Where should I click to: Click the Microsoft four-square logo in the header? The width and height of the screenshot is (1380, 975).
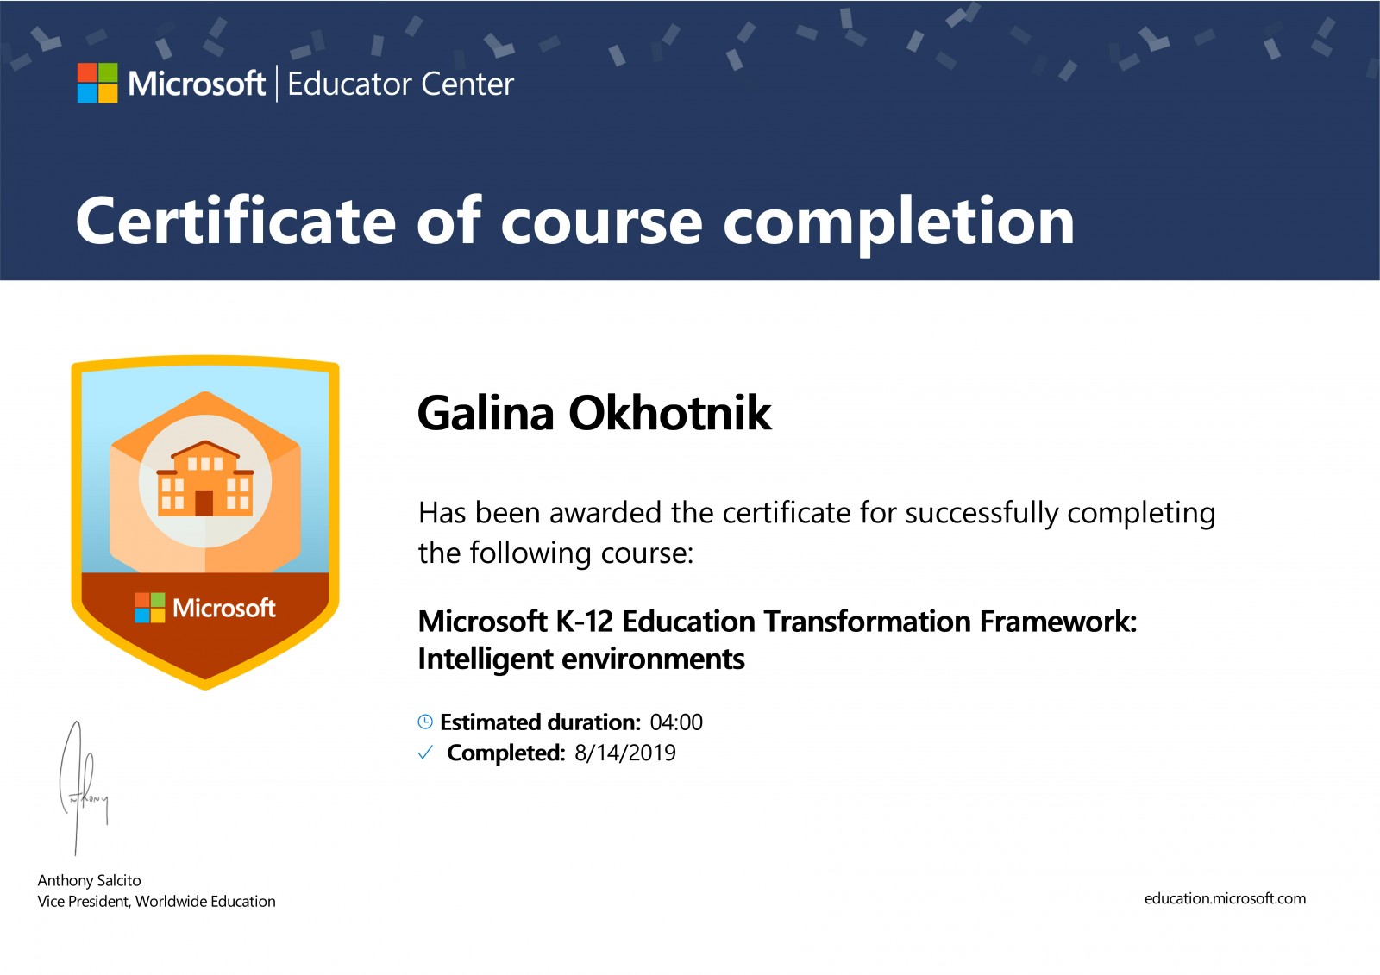point(97,83)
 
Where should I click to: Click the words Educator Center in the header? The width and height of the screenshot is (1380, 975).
point(400,84)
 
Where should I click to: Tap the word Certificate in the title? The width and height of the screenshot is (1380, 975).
point(235,221)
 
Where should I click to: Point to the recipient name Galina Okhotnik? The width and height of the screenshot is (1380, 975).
point(594,413)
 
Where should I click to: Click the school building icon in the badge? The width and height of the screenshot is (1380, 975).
point(205,478)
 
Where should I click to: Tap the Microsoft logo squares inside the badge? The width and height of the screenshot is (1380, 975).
point(150,608)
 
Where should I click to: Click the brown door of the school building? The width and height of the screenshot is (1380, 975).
point(204,503)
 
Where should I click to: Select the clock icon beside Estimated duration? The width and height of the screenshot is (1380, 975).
point(425,722)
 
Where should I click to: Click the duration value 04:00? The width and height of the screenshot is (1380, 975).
point(676,722)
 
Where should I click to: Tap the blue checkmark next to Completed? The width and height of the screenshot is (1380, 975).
point(425,753)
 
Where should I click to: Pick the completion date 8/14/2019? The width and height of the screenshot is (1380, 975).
point(625,753)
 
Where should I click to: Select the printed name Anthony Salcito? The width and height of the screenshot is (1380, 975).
point(90,880)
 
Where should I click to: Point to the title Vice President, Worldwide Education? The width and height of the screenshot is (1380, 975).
point(156,901)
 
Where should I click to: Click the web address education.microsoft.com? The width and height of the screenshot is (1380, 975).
point(1225,898)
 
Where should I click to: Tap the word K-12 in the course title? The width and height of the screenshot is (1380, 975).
point(585,622)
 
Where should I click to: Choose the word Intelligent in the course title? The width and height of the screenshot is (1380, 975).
point(486,659)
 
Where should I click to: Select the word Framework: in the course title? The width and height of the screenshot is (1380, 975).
point(1057,622)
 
